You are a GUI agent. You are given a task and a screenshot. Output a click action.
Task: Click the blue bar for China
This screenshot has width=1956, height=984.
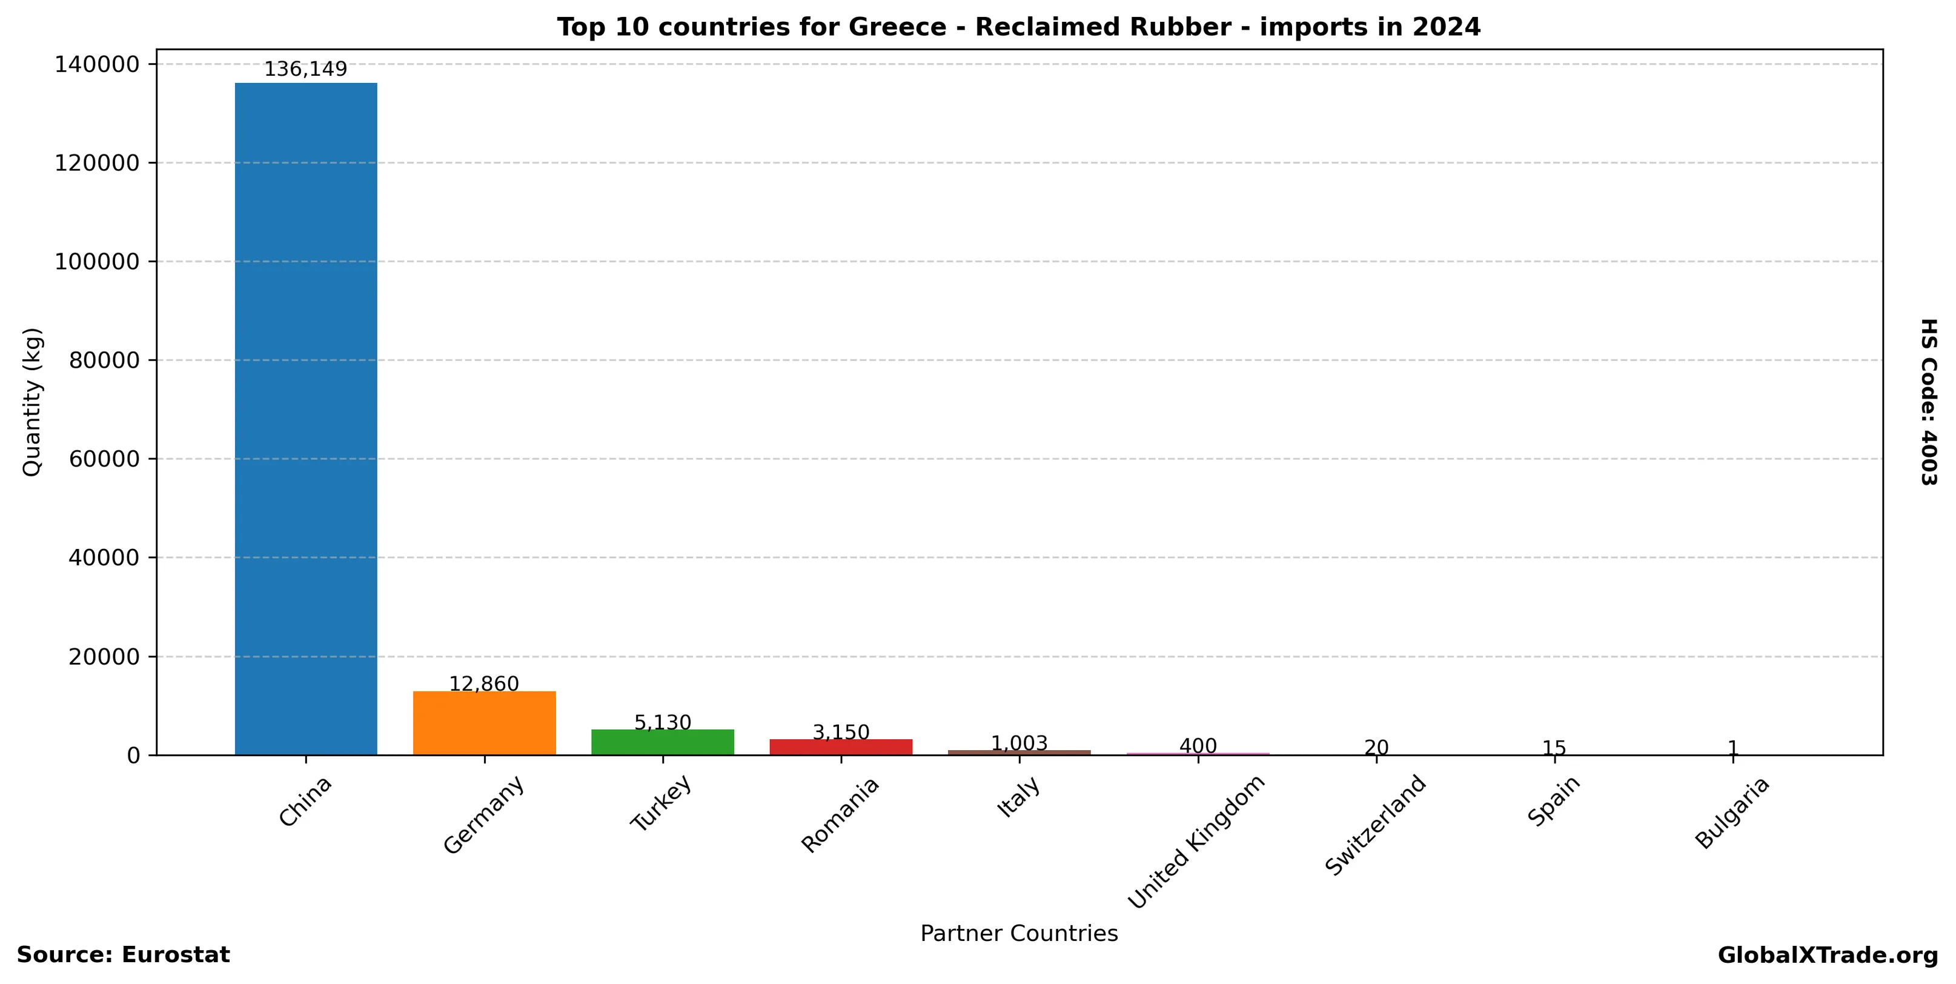coord(305,417)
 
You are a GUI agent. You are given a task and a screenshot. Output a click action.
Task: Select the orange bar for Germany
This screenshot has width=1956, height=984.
coord(485,722)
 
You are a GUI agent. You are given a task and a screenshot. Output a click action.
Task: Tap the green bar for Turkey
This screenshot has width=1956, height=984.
coord(662,742)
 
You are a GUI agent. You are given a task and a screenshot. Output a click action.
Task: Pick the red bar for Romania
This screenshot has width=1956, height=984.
coord(841,746)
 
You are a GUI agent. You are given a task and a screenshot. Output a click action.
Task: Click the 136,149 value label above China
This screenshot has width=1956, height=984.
coord(305,69)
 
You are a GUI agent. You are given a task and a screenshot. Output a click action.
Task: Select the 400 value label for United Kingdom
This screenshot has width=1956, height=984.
coord(1198,746)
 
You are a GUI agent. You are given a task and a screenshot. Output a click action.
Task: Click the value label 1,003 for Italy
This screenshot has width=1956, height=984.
coord(1019,743)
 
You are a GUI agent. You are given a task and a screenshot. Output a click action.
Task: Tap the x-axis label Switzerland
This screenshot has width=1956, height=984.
coord(1375,825)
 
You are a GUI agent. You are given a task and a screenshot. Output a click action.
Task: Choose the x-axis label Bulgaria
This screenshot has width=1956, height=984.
coord(1732,813)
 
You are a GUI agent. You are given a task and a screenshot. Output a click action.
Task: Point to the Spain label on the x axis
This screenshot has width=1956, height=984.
coord(1554,801)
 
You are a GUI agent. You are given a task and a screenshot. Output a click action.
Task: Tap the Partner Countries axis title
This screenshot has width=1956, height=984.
coord(1018,933)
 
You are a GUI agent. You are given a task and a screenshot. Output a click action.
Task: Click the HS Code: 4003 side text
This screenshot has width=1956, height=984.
coord(1929,402)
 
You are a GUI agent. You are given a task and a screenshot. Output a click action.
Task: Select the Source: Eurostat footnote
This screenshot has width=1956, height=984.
coord(123,955)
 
